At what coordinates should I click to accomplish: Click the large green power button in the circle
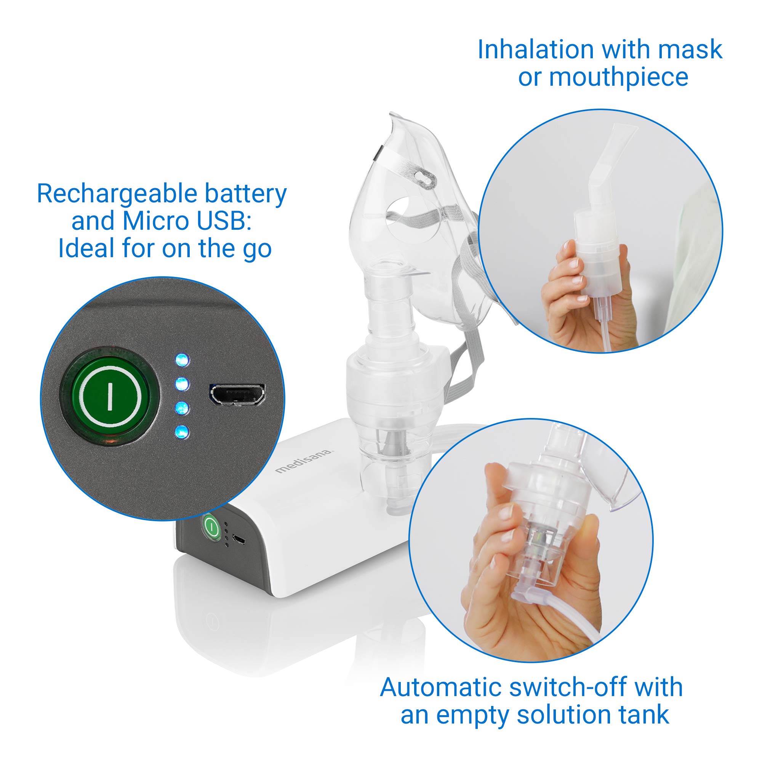click(x=109, y=395)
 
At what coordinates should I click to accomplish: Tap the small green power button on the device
click(x=211, y=526)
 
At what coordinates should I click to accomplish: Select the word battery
click(x=245, y=194)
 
